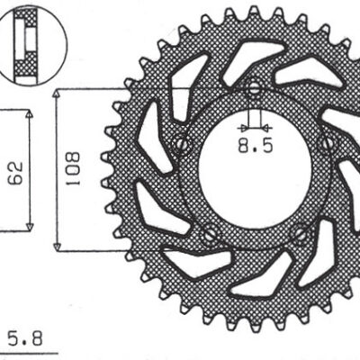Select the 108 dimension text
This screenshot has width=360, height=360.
point(74,169)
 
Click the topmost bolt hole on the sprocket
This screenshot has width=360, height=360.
point(254,89)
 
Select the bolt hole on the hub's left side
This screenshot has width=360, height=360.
point(184,143)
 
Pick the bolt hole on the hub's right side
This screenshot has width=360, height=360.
point(325,141)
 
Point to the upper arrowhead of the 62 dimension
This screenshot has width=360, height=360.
point(31,115)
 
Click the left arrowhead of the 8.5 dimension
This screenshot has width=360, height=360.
point(245,126)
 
